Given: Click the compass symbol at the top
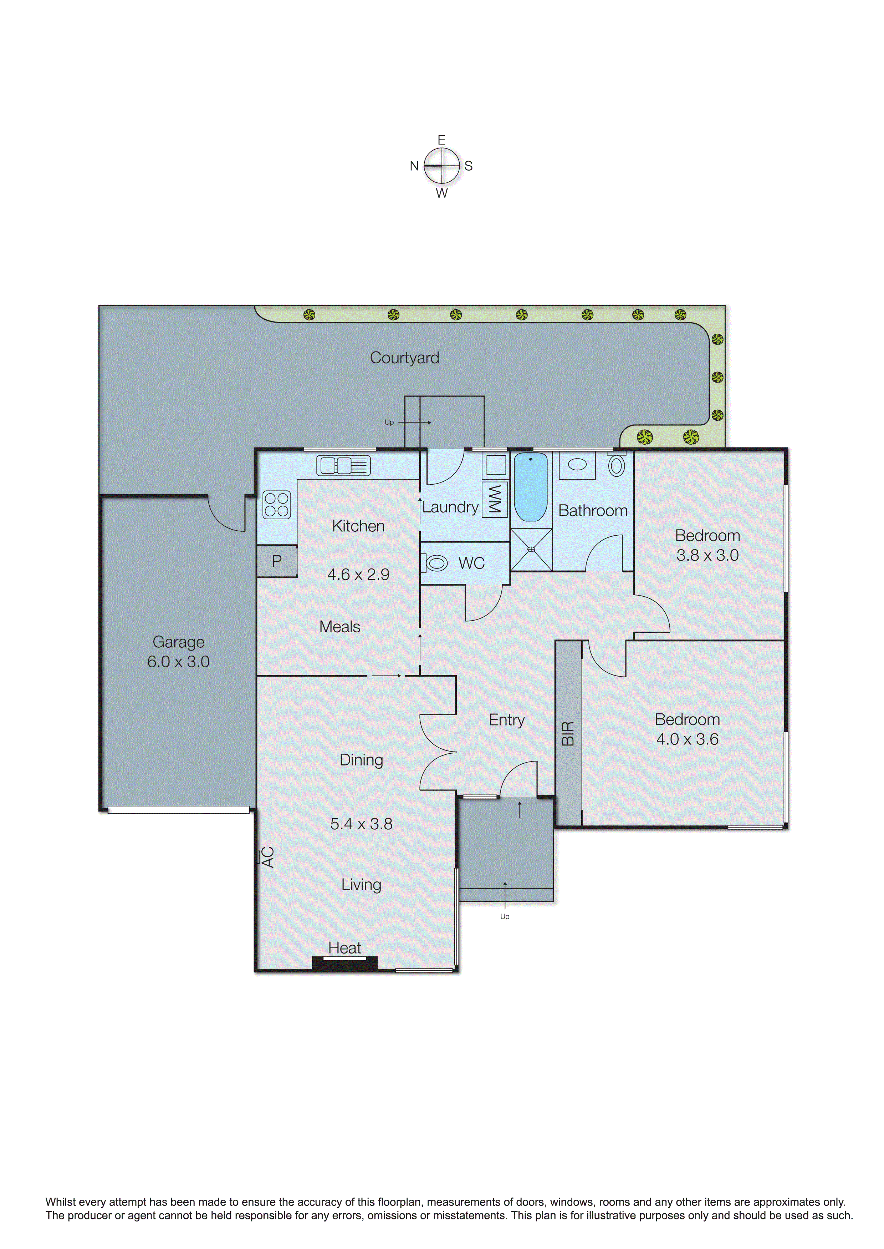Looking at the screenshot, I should pos(441,166).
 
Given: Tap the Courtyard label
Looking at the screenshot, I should pos(404,358).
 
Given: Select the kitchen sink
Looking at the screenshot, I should pos(343,466).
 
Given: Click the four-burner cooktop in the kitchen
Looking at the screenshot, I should pos(276,504).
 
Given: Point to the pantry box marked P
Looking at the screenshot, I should pos(276,561).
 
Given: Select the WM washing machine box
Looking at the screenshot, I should pos(494,499).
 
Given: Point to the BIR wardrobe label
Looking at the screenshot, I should pos(568,733).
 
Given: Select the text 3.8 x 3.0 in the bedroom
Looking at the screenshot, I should pos(707,555).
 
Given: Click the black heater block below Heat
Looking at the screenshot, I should pos(344,964).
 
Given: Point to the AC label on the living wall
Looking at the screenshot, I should pos(268,857).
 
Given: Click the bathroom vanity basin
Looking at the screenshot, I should pos(577,465).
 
